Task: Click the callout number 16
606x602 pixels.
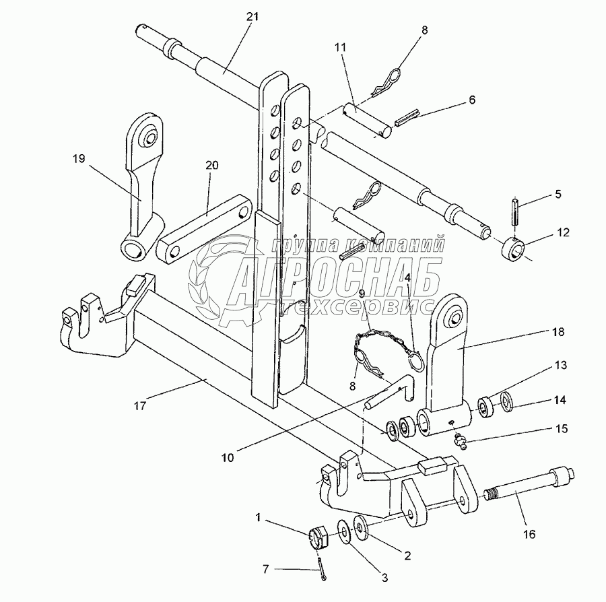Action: pos(529,535)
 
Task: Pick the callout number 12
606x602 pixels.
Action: pos(563,233)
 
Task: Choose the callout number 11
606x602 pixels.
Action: pos(341,48)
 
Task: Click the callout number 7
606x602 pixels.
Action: pos(266,570)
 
